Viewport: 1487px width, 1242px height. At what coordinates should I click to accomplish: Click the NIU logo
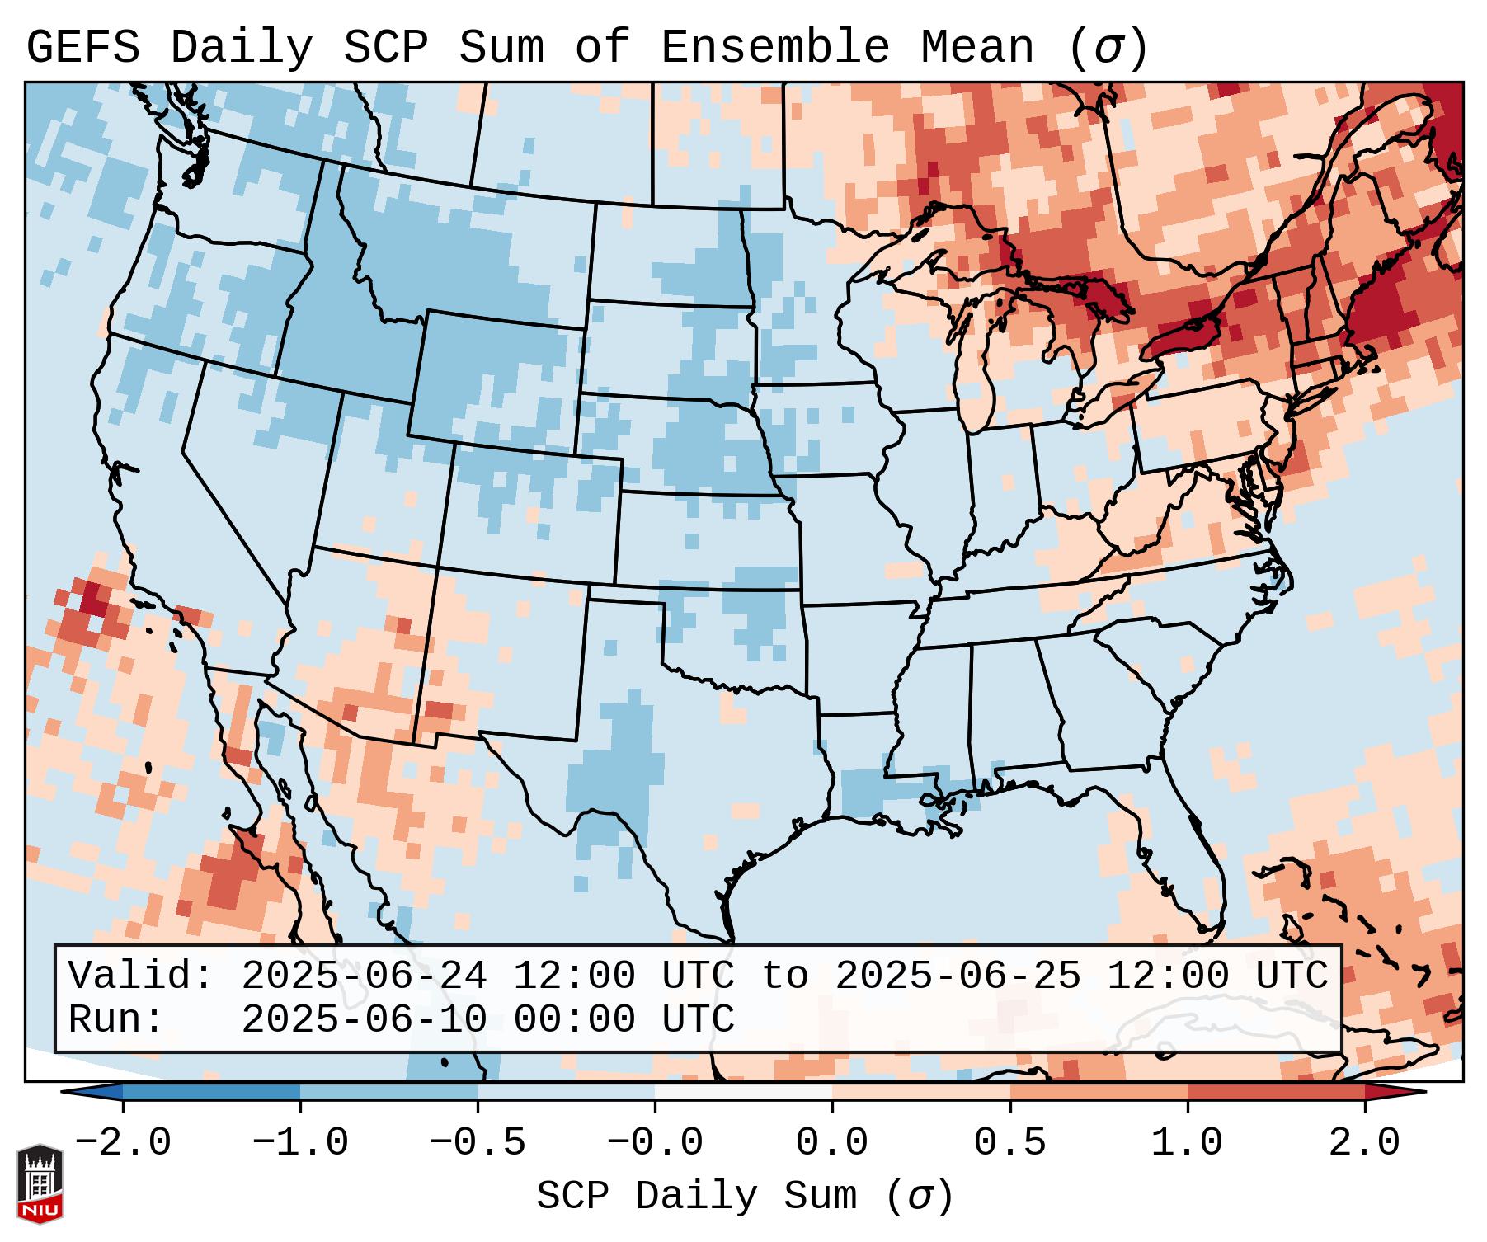pyautogui.click(x=40, y=1183)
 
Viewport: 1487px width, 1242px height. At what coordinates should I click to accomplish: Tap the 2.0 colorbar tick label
pyautogui.click(x=1364, y=1143)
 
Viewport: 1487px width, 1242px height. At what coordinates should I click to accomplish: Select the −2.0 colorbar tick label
pyautogui.click(x=122, y=1143)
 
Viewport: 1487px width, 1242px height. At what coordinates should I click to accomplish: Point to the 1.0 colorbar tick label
pyautogui.click(x=1187, y=1143)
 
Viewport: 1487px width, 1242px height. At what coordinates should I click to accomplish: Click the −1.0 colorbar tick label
pyautogui.click(x=299, y=1143)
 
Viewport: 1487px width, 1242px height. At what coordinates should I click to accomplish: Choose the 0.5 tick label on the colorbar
pyautogui.click(x=1009, y=1143)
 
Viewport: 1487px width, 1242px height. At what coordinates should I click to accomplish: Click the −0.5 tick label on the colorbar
pyautogui.click(x=478, y=1143)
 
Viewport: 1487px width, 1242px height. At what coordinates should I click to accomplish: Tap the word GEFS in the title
pyautogui.click(x=82, y=47)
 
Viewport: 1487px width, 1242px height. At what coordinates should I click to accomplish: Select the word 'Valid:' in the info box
pyautogui.click(x=141, y=976)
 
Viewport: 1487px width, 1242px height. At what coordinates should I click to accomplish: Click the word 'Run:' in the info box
pyautogui.click(x=116, y=1019)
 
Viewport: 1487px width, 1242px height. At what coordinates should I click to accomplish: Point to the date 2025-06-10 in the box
pyautogui.click(x=364, y=1019)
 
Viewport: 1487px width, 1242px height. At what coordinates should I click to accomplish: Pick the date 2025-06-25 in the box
pyautogui.click(x=958, y=976)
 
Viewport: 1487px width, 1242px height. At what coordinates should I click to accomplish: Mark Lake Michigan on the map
pyautogui.click(x=976, y=363)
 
